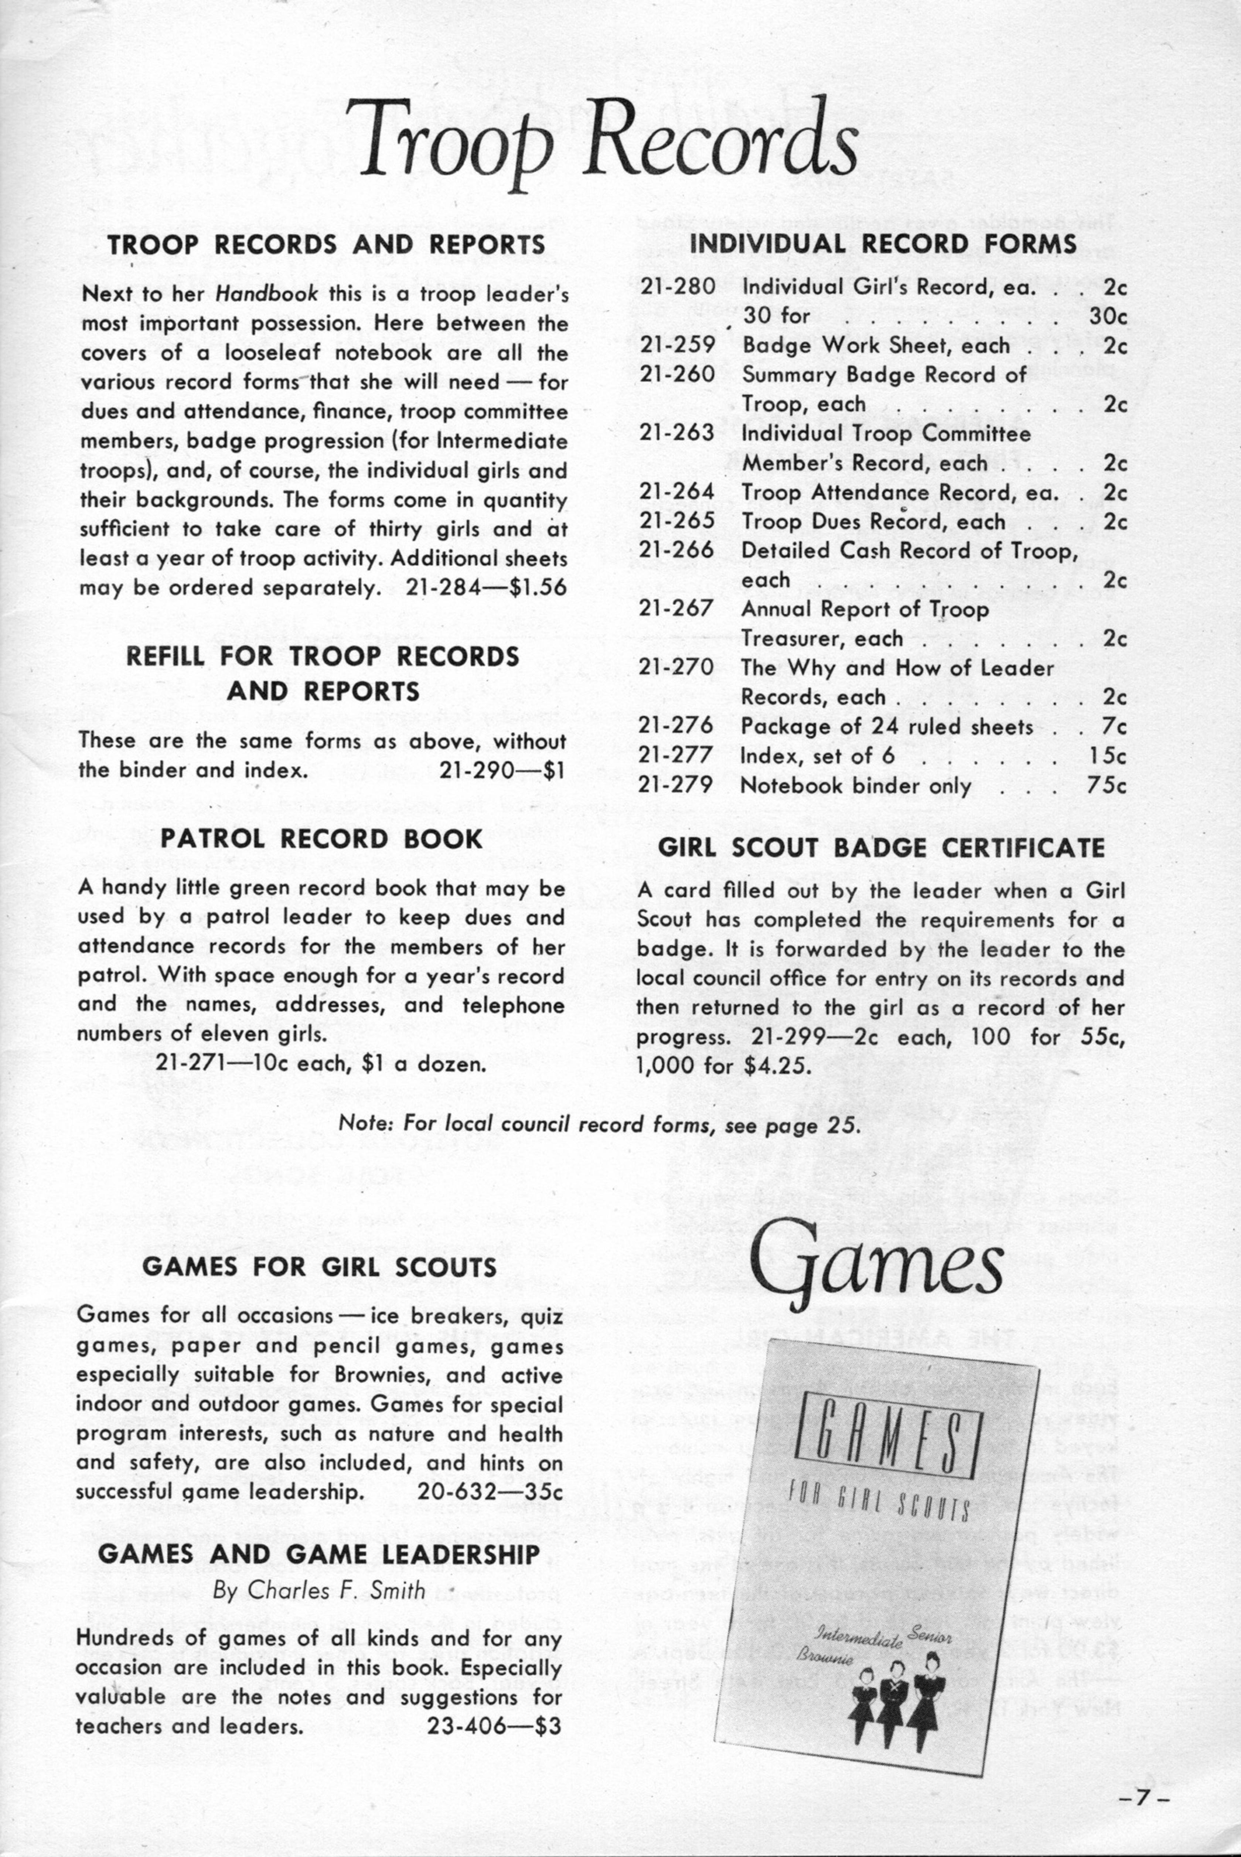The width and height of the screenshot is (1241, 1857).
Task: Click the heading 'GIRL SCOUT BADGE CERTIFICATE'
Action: pos(881,848)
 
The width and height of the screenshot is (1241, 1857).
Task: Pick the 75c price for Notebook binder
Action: pos(1107,785)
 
